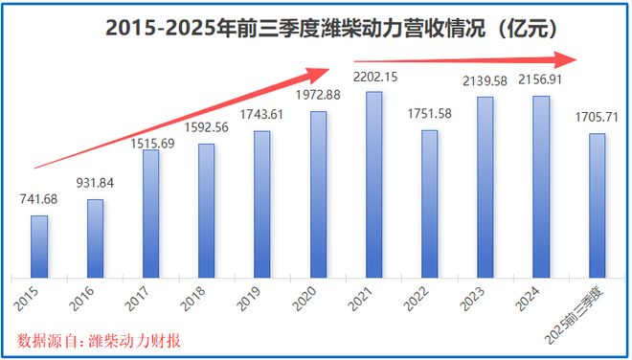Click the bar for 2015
[39, 245]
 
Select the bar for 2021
[374, 183]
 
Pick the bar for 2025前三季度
[597, 204]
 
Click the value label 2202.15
[374, 76]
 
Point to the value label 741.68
[39, 199]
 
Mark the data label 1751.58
[430, 114]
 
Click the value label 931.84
[95, 183]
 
